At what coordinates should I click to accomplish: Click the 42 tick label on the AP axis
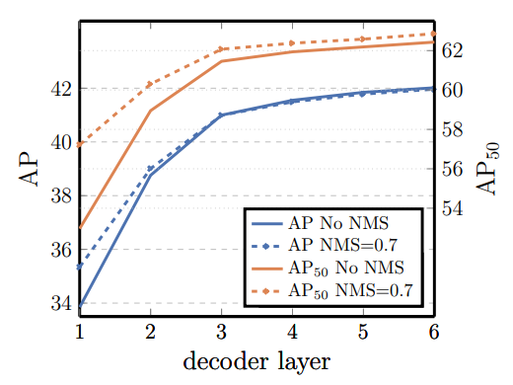coord(61,89)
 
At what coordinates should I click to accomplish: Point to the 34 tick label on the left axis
coord(61,303)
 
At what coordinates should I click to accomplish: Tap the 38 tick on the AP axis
coord(61,196)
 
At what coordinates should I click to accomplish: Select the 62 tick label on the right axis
coord(452,50)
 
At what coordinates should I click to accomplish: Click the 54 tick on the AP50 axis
coord(452,208)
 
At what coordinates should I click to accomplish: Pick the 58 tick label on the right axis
coord(452,129)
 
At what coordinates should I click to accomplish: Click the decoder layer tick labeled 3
coord(222,332)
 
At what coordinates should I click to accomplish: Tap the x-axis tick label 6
coord(434,332)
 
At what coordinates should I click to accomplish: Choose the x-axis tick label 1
coord(80,332)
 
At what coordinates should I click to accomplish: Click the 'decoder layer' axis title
coord(256,362)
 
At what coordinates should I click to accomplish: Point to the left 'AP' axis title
coord(29,169)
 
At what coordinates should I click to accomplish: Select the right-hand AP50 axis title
coord(487,168)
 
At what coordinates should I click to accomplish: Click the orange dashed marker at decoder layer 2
coord(150,84)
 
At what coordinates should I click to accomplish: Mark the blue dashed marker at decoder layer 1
coord(80,267)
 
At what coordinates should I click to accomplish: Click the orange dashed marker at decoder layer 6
coord(433,34)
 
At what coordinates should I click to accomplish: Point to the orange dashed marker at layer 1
coord(80,144)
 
